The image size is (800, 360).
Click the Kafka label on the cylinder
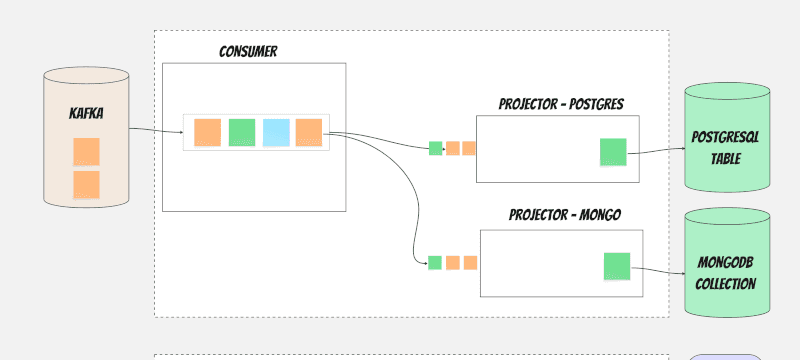[86, 113]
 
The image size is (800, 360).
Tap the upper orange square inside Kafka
[86, 151]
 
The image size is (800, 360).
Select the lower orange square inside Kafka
[86, 185]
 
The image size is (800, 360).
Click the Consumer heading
[248, 52]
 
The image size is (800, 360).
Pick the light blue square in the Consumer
[276, 133]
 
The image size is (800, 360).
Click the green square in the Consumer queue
[242, 133]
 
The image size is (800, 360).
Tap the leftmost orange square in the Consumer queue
[208, 133]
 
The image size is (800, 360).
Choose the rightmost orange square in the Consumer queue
[309, 133]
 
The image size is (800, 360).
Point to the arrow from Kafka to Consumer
[156, 131]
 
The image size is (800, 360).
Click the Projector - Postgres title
[561, 104]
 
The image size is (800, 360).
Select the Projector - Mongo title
[565, 215]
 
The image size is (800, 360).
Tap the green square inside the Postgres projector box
[613, 152]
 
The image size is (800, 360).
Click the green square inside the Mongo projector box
[617, 266]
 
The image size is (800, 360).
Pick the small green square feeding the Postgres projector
[435, 148]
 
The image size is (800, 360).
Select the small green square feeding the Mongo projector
[435, 263]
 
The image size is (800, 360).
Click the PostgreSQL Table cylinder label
[726, 148]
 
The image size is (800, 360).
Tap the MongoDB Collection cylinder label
[726, 273]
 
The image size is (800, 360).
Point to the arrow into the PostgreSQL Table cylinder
[656, 151]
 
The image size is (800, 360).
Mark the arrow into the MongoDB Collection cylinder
[658, 270]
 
